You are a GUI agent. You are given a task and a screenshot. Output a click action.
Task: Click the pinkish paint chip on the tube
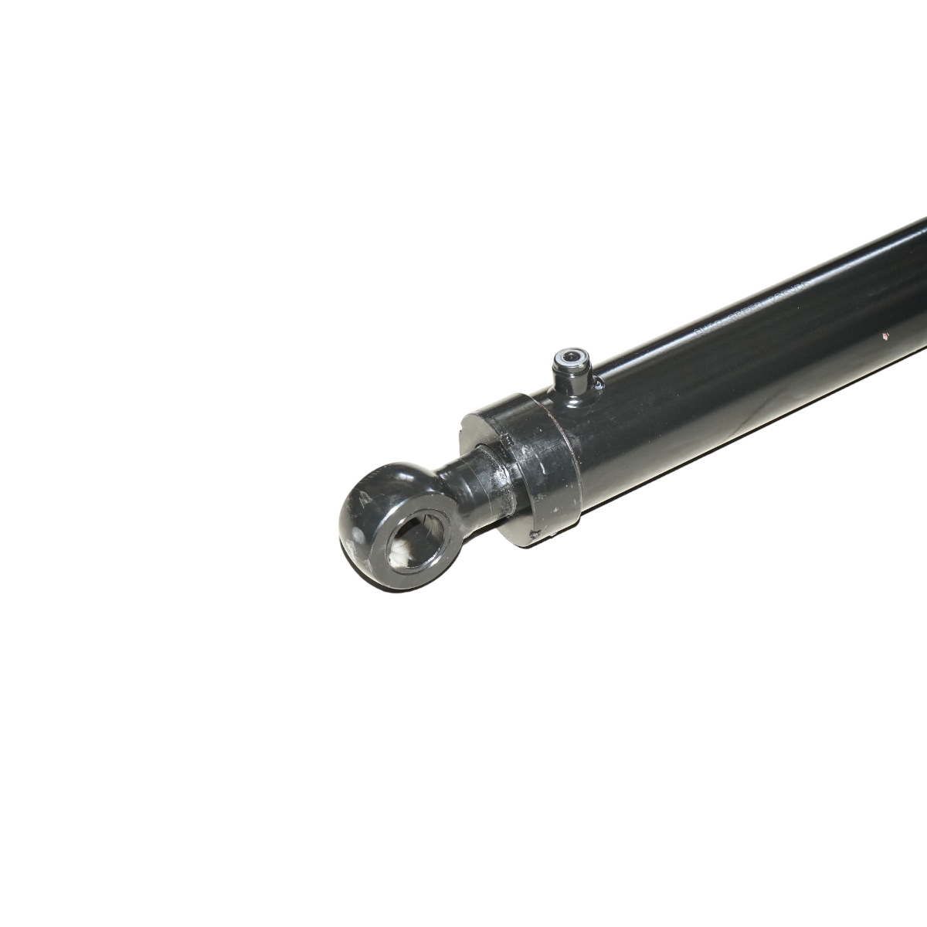coord(886,336)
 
